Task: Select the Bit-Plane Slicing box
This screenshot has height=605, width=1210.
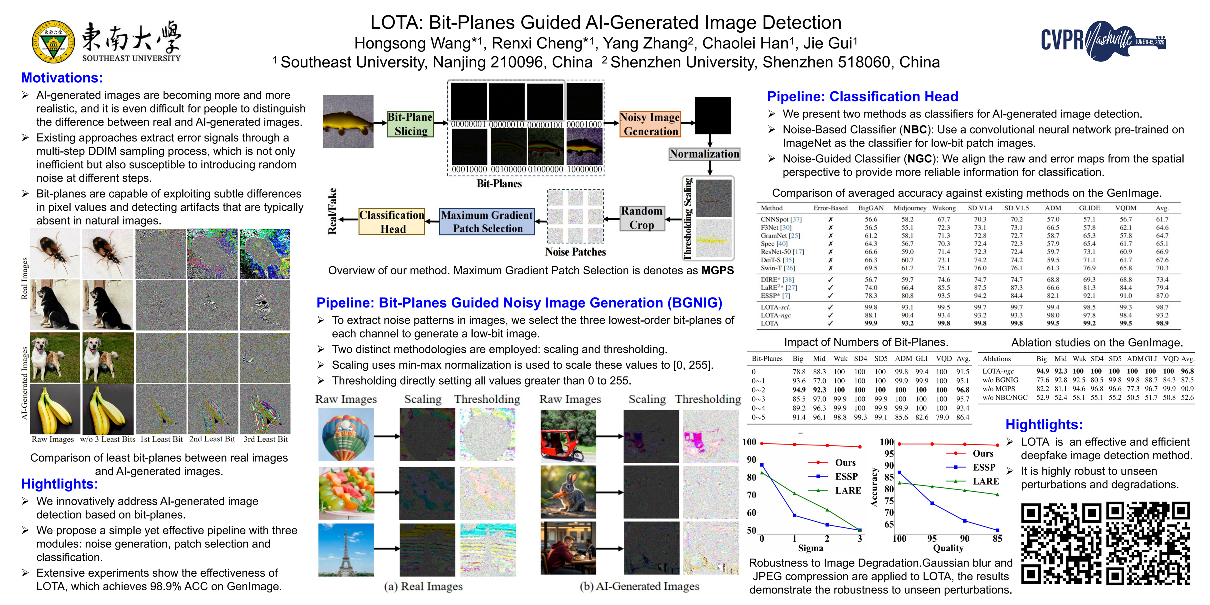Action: pyautogui.click(x=410, y=124)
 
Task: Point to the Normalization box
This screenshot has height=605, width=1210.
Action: pyautogui.click(x=704, y=154)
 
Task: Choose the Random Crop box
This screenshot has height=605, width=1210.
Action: pyautogui.click(x=642, y=218)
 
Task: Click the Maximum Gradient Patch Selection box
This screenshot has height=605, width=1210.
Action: pyautogui.click(x=487, y=221)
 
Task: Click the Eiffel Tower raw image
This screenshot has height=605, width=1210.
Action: pyautogui.click(x=346, y=549)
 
